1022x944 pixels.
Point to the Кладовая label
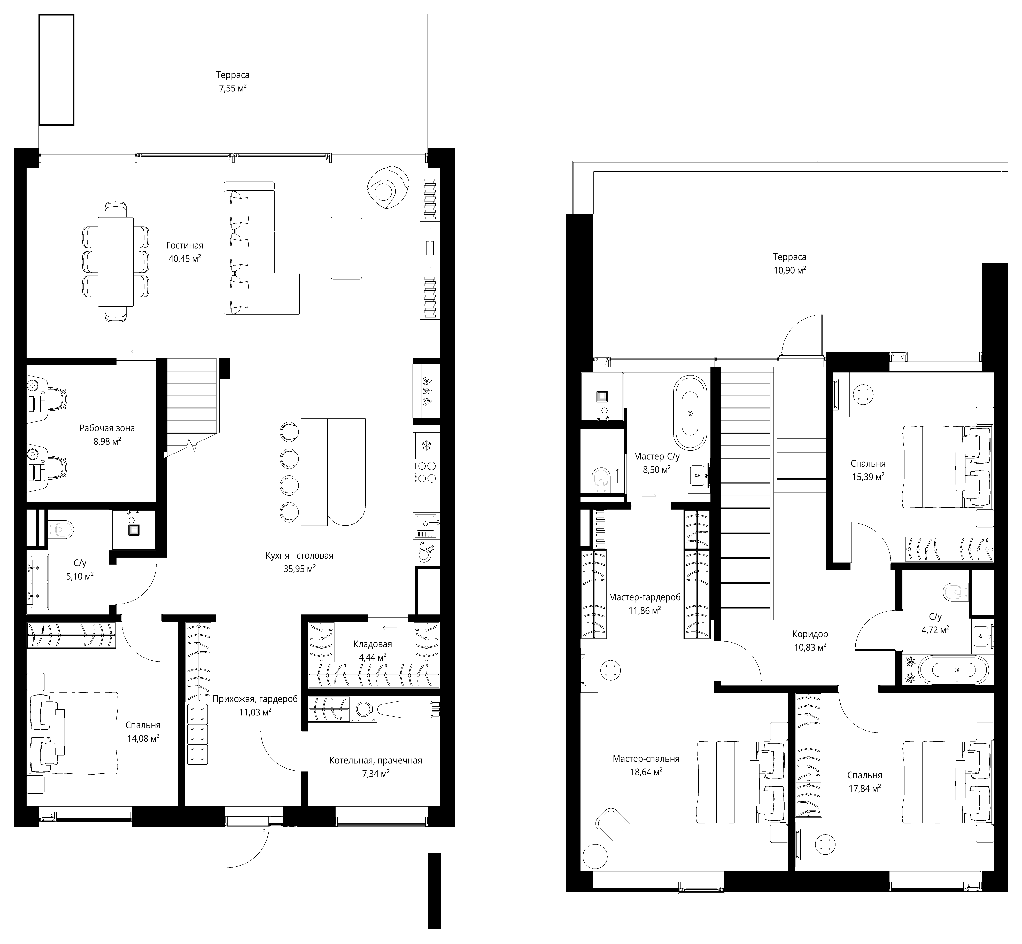[372, 644]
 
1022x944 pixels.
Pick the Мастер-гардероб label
[644, 597]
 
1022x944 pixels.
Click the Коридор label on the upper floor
[810, 634]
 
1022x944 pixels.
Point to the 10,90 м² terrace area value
[789, 270]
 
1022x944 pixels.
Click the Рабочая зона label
[107, 428]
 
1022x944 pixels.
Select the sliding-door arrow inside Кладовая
[390, 628]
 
